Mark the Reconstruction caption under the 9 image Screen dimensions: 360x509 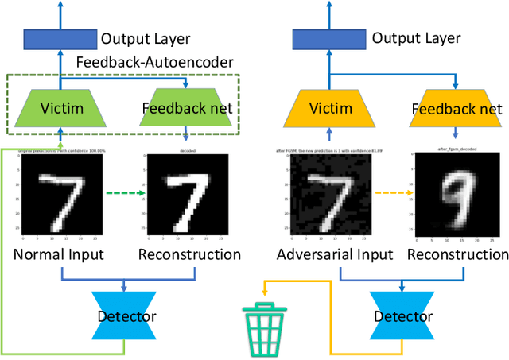pyautogui.click(x=457, y=254)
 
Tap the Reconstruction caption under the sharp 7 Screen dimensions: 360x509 pyautogui.click(x=189, y=254)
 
